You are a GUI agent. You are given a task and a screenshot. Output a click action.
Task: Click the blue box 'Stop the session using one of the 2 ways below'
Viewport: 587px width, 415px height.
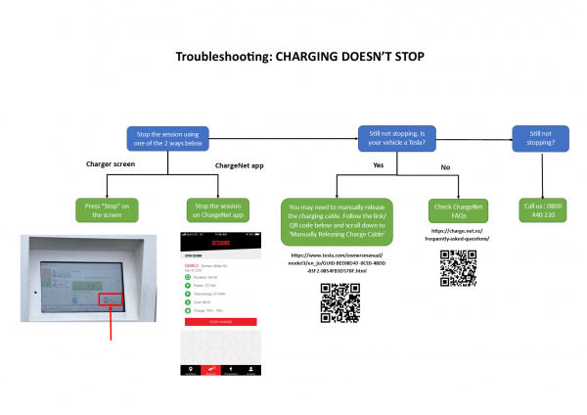[178, 138]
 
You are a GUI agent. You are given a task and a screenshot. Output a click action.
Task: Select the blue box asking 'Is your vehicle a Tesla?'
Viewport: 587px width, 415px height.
[397, 138]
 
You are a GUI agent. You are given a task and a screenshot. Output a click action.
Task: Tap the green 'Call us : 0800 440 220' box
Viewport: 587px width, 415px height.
[543, 209]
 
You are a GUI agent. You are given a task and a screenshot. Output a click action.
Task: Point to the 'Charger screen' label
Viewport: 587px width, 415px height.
[110, 163]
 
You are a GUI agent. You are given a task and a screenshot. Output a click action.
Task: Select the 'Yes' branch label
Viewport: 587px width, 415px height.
[377, 166]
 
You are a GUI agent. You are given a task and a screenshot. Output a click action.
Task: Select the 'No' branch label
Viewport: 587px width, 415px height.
[445, 166]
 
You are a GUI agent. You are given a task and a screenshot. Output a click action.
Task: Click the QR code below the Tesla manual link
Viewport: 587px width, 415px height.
[336, 303]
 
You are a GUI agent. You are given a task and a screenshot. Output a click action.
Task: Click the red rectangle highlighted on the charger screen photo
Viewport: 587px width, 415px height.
[111, 297]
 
